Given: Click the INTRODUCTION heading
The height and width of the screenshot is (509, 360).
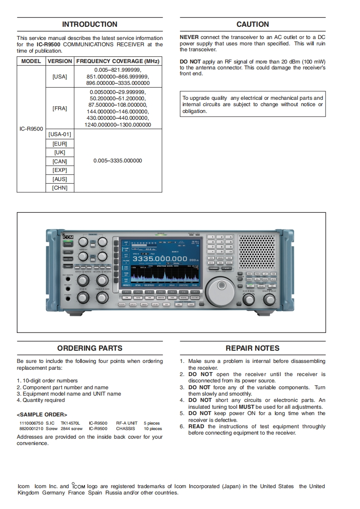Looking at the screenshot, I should point(89,24).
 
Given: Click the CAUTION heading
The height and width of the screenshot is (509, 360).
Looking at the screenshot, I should point(252,24).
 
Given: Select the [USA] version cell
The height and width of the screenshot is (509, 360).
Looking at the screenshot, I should point(59,77).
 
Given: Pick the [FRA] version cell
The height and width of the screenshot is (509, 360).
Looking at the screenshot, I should point(59,108).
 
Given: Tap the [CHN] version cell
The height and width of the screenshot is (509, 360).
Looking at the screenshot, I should point(59,188).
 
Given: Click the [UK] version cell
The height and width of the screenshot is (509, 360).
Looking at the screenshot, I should point(59,152).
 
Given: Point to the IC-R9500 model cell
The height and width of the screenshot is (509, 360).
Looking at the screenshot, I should point(31,129).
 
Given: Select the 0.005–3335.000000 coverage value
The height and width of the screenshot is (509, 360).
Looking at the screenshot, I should point(118,161).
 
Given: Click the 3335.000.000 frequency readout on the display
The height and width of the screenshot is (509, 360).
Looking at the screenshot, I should point(160,258).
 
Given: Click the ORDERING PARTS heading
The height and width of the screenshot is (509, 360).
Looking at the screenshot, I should point(89,348).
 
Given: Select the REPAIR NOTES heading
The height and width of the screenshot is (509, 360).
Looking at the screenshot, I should point(252,348).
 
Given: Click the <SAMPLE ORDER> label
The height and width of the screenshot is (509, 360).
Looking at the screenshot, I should point(42,415).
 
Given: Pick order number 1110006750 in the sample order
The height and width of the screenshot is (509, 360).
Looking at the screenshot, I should point(30,423).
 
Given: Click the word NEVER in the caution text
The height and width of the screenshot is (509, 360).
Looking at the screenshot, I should point(189,37).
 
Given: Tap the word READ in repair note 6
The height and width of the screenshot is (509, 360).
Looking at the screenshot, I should point(196,426).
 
